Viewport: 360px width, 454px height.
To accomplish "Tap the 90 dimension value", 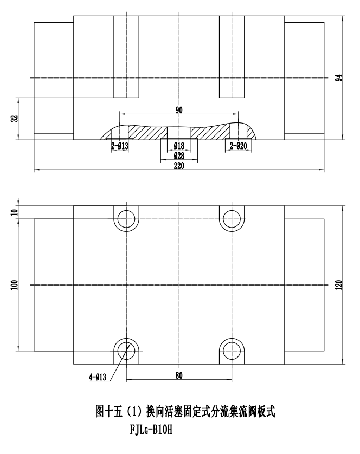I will click(x=179, y=110).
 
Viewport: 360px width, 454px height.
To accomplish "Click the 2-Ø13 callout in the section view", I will click(x=119, y=146).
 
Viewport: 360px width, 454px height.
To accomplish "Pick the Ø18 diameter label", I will click(x=179, y=146).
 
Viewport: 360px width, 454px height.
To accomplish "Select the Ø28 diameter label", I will click(x=179, y=156).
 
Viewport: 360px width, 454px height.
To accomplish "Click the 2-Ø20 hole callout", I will click(x=237, y=146).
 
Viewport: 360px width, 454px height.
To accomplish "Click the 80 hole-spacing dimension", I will click(x=179, y=375).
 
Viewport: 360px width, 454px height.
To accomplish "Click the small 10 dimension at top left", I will click(x=14, y=212).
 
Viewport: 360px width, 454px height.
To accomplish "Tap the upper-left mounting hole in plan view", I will click(x=127, y=219).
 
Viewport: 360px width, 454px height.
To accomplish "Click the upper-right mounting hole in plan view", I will click(x=232, y=219).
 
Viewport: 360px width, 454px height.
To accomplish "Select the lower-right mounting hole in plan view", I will click(x=232, y=349).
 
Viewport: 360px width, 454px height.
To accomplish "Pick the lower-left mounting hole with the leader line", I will click(x=127, y=349).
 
